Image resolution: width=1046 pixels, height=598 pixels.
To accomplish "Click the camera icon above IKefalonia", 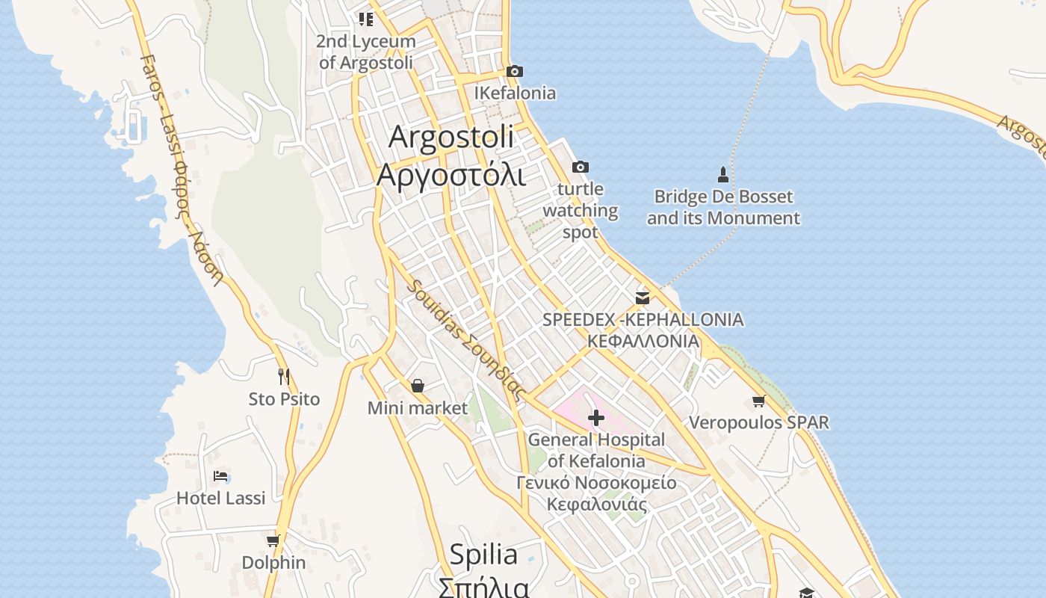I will (514, 72).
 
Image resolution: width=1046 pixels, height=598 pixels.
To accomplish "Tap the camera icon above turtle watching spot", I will (580, 167).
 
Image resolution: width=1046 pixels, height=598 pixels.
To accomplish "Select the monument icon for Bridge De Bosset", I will (722, 175).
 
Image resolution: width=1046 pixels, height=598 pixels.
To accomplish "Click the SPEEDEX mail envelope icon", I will (642, 298).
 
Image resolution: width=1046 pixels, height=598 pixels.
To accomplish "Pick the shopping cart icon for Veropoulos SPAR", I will (758, 401).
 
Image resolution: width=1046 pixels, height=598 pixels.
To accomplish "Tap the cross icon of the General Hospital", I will (596, 417).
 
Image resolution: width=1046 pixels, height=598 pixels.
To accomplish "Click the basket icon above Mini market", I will (418, 386).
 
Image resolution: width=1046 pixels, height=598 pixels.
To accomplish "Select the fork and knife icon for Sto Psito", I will (284, 376).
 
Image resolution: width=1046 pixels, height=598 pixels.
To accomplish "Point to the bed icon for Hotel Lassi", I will (220, 475).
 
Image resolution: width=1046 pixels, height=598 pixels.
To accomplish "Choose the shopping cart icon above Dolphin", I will (273, 540).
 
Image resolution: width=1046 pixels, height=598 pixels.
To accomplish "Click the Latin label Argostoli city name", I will (451, 137).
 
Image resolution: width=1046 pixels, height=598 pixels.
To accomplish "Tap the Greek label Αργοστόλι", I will (451, 175).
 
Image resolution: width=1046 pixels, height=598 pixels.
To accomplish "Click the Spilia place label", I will (483, 555).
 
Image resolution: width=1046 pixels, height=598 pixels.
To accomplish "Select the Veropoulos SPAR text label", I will (758, 422).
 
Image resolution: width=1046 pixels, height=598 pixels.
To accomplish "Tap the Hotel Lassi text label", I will (220, 498).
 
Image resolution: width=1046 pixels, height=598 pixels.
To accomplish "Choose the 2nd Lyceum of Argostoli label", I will (366, 52).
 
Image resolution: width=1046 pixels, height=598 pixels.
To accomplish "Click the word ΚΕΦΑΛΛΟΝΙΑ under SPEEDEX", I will (643, 341).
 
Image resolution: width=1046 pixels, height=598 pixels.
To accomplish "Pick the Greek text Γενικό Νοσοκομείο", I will (596, 483).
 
